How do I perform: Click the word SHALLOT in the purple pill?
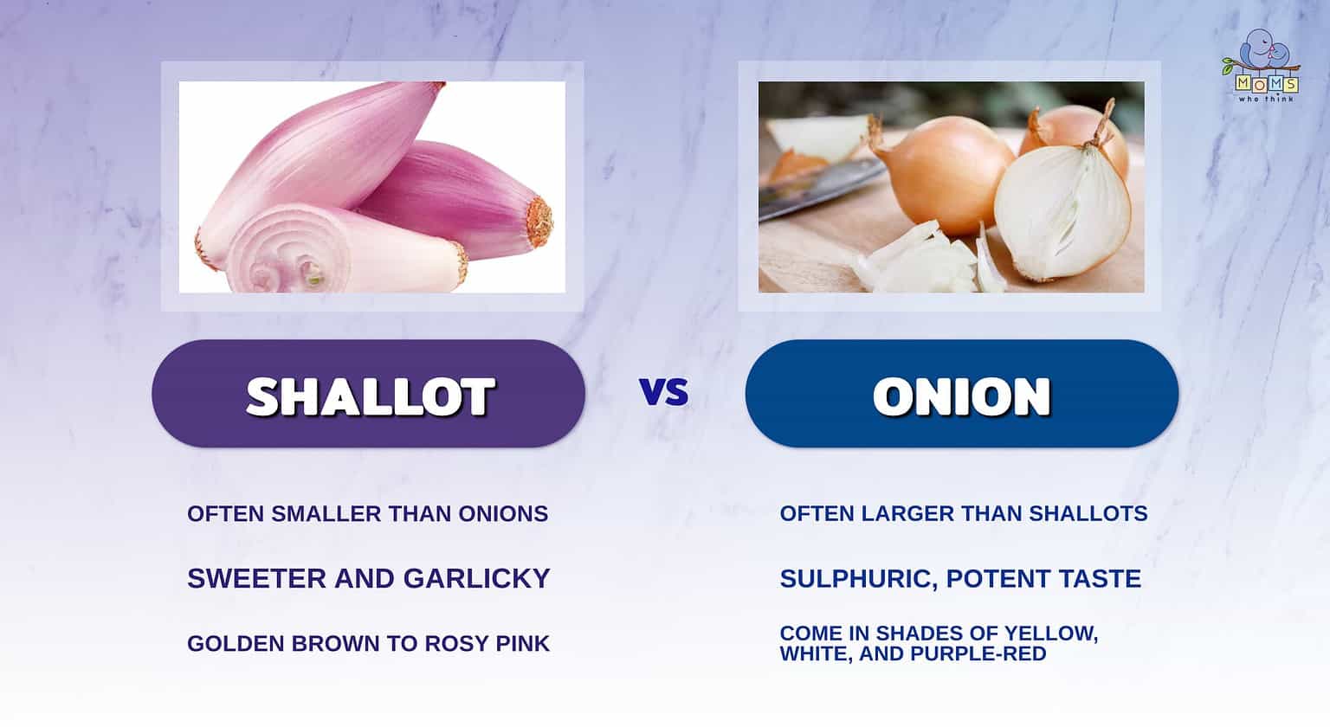(x=370, y=396)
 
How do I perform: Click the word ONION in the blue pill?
(x=961, y=396)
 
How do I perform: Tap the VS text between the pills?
(x=664, y=392)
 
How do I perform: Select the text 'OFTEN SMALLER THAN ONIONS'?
(x=367, y=514)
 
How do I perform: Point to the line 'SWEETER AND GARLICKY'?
(x=368, y=578)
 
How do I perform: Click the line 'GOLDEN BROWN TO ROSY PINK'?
(x=368, y=644)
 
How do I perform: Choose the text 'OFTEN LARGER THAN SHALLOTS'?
(x=963, y=514)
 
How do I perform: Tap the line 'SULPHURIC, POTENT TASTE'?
(x=960, y=578)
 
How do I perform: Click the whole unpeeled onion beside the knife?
(x=944, y=173)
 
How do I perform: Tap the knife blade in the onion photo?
(x=818, y=186)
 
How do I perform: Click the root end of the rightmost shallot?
(x=539, y=221)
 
